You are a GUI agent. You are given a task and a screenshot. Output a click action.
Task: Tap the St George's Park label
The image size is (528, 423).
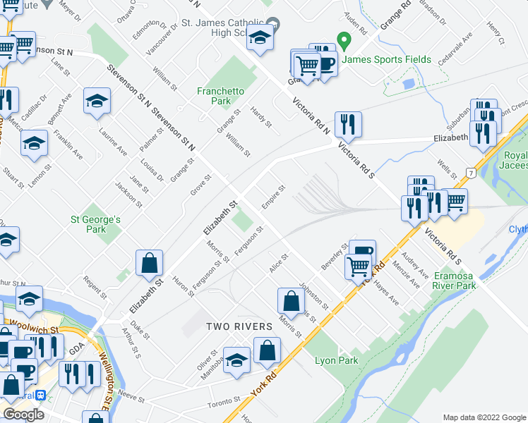(96, 224)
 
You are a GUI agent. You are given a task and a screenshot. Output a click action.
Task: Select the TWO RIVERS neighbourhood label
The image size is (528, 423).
(239, 326)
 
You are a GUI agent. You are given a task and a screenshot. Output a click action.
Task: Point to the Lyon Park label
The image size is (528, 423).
(337, 360)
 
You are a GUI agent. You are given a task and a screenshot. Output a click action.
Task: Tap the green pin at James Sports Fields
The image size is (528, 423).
(344, 40)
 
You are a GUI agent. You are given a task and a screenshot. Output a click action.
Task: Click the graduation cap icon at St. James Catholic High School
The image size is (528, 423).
(260, 41)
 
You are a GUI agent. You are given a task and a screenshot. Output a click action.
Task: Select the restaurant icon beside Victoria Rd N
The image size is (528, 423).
(348, 125)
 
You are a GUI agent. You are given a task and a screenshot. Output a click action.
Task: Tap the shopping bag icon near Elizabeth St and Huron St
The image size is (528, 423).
(150, 264)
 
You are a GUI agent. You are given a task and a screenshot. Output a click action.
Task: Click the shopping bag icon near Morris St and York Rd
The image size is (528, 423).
(291, 302)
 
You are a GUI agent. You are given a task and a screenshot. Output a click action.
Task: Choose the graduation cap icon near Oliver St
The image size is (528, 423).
(236, 360)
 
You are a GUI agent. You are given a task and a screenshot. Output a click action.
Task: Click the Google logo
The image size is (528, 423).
(24, 414)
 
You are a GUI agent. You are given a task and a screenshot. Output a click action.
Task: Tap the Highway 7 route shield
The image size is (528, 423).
(471, 173)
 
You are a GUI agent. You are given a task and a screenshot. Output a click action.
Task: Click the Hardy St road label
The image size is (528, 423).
(261, 117)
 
